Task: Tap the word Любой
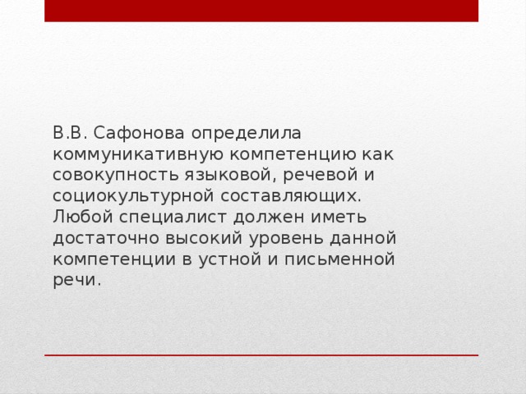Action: tap(81, 218)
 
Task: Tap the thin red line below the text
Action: tap(261, 355)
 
